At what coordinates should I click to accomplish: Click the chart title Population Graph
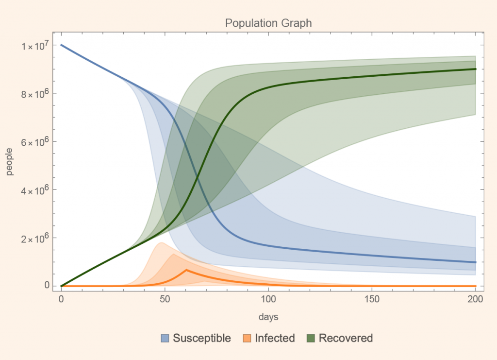tap(268, 23)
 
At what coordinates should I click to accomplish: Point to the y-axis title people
tap(10, 164)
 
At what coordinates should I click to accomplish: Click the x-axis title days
tap(268, 317)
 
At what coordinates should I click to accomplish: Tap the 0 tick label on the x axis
tap(61, 298)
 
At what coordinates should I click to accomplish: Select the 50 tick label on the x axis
tap(165, 298)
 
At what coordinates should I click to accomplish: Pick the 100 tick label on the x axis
tap(268, 298)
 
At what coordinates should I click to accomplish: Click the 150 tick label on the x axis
tap(372, 298)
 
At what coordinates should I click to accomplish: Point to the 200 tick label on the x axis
tap(476, 298)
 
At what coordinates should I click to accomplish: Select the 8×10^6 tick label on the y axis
tap(35, 93)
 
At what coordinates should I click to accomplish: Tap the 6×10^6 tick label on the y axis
tap(35, 142)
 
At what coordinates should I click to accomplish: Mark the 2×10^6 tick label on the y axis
tap(35, 238)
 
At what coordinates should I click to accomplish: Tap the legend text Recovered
tap(346, 338)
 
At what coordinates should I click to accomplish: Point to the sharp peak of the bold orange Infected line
tap(187, 270)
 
